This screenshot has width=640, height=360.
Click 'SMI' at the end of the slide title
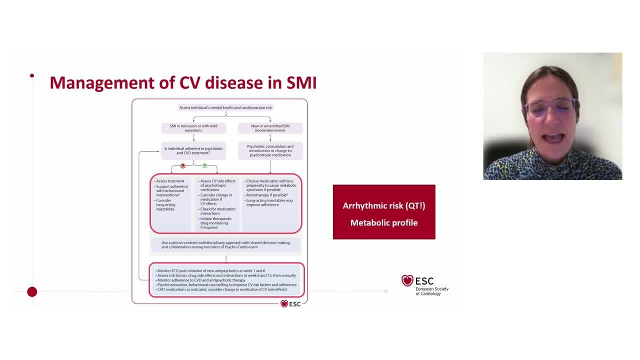pyautogui.click(x=301, y=82)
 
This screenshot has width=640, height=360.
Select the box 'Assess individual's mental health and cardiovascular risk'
pyautogui.click(x=225, y=107)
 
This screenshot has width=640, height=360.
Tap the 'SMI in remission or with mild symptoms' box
pyautogui.click(x=193, y=128)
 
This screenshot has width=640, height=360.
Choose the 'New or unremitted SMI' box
pyautogui.click(x=270, y=128)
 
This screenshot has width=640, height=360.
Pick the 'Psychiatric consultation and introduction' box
pyautogui.click(x=270, y=150)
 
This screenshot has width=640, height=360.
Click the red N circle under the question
pyautogui.click(x=183, y=165)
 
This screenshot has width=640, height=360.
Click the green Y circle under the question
pyautogui.click(x=204, y=165)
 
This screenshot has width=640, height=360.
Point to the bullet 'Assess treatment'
pyautogui.click(x=170, y=181)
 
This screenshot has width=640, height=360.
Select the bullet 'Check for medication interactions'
pyautogui.click(x=217, y=211)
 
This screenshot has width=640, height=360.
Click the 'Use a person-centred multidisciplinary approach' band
pyautogui.click(x=225, y=244)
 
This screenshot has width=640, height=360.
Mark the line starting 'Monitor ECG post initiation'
pyautogui.click(x=210, y=271)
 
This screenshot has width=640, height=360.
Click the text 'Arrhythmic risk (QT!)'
pyautogui.click(x=383, y=205)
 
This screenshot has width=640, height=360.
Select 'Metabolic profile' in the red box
pyautogui.click(x=383, y=222)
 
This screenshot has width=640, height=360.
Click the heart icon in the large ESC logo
pyautogui.click(x=407, y=280)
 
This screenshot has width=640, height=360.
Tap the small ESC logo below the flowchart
pyautogui.click(x=290, y=303)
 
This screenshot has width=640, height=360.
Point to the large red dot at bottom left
pyautogui.click(x=32, y=291)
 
